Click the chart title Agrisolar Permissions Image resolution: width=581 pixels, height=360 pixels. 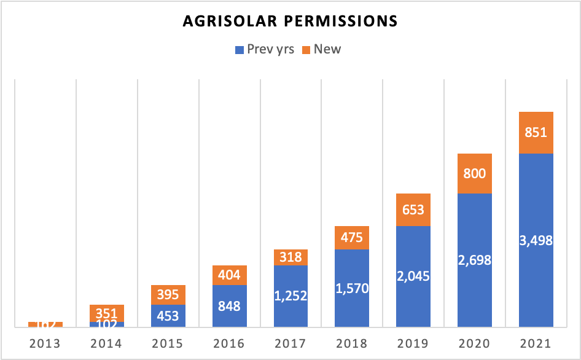pyautogui.click(x=290, y=22)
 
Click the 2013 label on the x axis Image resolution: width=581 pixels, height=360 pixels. pyautogui.click(x=45, y=342)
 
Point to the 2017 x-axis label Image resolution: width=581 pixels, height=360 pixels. pyautogui.click(x=290, y=342)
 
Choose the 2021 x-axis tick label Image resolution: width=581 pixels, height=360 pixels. pyautogui.click(x=536, y=342)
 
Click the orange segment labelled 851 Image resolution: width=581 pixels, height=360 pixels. pyautogui.click(x=536, y=133)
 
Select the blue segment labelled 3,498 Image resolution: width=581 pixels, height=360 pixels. pyautogui.click(x=536, y=240)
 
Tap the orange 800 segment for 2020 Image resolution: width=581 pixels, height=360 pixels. pyautogui.click(x=475, y=173)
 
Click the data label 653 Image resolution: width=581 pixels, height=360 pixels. pyautogui.click(x=413, y=210)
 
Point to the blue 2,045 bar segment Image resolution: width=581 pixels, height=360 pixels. pyautogui.click(x=413, y=276)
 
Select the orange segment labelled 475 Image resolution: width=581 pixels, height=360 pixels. pyautogui.click(x=352, y=238)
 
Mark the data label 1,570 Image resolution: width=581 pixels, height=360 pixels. pyautogui.click(x=352, y=288)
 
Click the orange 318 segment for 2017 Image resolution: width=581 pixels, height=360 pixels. pyautogui.click(x=290, y=257)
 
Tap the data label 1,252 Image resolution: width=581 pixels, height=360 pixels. pyautogui.click(x=290, y=296)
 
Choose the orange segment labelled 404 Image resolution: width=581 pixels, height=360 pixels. pyautogui.click(x=230, y=275)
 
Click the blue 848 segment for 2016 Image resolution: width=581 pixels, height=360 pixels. pyautogui.click(x=230, y=306)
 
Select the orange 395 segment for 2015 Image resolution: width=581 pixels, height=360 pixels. pyautogui.click(x=168, y=295)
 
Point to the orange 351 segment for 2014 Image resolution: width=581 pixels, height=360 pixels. pyautogui.click(x=107, y=313)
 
